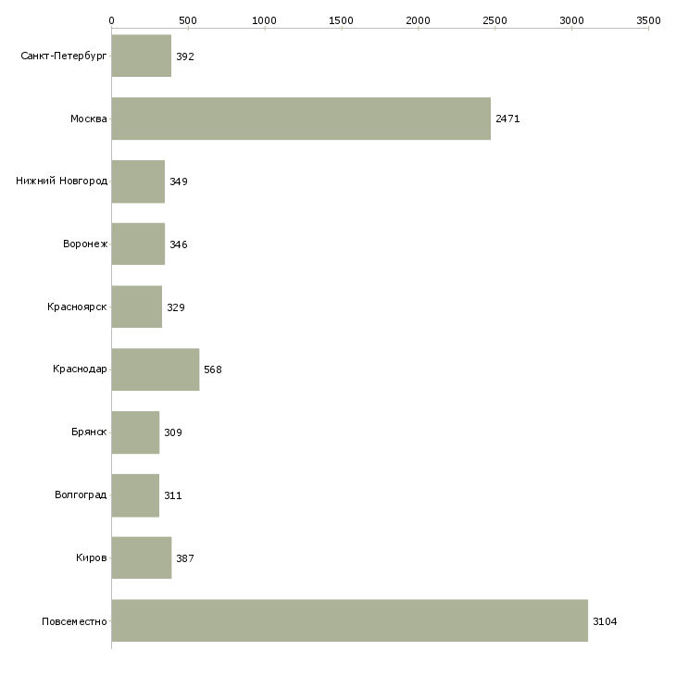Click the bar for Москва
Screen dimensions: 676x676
pyautogui.click(x=301, y=119)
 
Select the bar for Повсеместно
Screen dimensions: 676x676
pyautogui.click(x=350, y=620)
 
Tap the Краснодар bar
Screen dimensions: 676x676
pyautogui.click(x=156, y=369)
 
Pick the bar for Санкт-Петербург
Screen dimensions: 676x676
pyautogui.click(x=142, y=56)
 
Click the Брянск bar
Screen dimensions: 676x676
pyautogui.click(x=135, y=432)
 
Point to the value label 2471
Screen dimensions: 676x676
pyautogui.click(x=507, y=119)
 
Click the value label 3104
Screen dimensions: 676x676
pyautogui.click(x=605, y=621)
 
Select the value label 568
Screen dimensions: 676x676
pyautogui.click(x=213, y=369)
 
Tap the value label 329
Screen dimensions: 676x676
pyautogui.click(x=175, y=307)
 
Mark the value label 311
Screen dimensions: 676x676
pyautogui.click(x=172, y=495)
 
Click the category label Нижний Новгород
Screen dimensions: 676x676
pyautogui.click(x=62, y=181)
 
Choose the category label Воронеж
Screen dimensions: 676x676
pyautogui.click(x=85, y=244)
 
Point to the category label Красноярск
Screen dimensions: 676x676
pyautogui.click(x=77, y=307)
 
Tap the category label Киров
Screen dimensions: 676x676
pyautogui.click(x=92, y=557)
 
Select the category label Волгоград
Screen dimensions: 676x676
pyautogui.click(x=81, y=494)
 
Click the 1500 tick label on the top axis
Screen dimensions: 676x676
pyautogui.click(x=341, y=20)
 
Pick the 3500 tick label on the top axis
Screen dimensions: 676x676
pyautogui.click(x=648, y=20)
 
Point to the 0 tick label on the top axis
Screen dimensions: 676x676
pyautogui.click(x=112, y=20)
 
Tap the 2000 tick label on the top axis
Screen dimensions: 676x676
pyautogui.click(x=418, y=20)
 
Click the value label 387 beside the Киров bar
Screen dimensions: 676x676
pyautogui.click(x=185, y=558)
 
